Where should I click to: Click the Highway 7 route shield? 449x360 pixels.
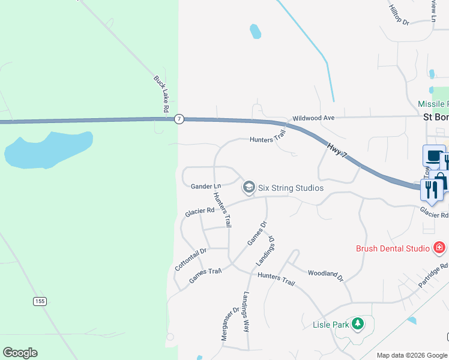coord(179,119)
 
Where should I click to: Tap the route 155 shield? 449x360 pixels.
coord(40,301)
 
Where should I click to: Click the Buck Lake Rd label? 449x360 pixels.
coord(160,94)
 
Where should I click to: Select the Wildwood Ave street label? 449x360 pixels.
coord(313,118)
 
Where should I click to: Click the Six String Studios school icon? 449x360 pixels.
coord(248,188)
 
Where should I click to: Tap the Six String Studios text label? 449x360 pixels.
coord(291,188)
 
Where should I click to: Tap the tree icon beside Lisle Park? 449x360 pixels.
coord(358,325)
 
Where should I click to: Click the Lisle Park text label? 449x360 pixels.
coord(331,325)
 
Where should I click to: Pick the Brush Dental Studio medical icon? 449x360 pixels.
coord(439,247)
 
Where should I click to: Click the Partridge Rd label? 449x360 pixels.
coord(435,275)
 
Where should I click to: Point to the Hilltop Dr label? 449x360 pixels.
coord(399,14)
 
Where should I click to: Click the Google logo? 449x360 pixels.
coord(20,353)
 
